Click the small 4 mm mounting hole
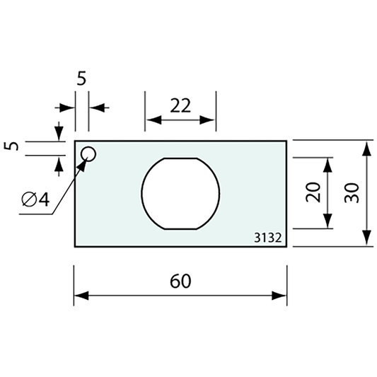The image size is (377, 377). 88,154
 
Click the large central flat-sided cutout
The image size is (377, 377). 180,192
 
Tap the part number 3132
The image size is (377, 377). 268,239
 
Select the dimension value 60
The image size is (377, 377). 180,281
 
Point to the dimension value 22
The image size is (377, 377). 180,105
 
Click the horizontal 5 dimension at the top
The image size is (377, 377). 81,79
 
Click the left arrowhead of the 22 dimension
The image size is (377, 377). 151,122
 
